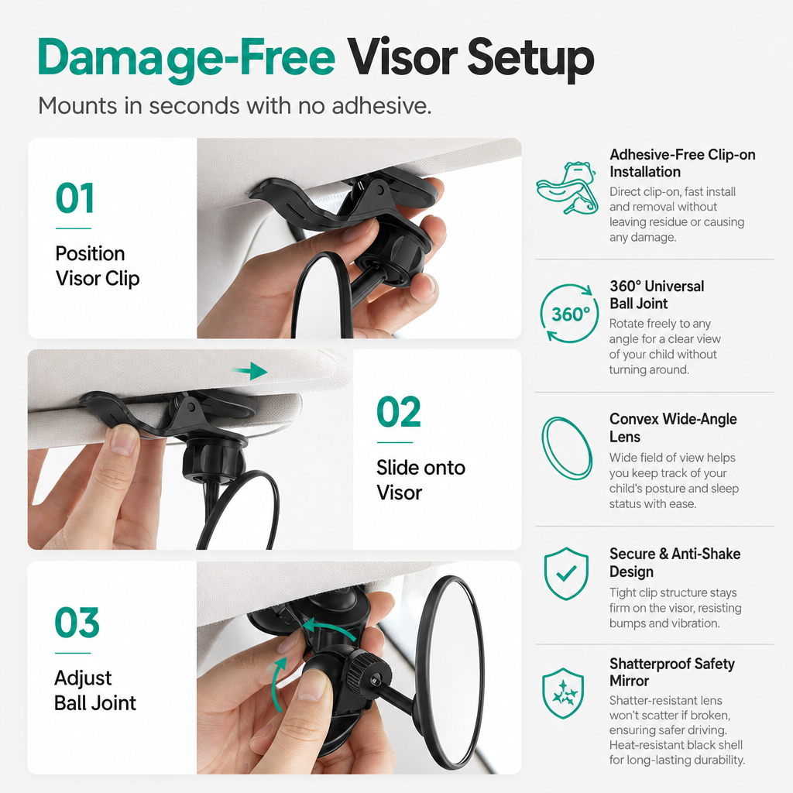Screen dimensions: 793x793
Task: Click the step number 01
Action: point(75,198)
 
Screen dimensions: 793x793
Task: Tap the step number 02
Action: point(399,412)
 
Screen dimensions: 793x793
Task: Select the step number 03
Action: point(77,623)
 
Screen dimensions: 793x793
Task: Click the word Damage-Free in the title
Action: point(186,58)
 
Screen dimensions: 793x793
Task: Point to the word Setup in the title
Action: point(530,58)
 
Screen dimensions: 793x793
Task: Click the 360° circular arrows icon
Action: point(569,314)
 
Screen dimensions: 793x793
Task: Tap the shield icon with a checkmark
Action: point(566,574)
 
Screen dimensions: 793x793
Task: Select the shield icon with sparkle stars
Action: point(564,693)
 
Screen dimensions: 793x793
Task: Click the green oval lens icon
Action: point(567,448)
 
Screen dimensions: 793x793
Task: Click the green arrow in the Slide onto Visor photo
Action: point(250,371)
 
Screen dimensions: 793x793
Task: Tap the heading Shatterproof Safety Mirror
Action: point(671,672)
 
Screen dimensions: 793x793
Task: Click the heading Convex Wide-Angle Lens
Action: point(673,427)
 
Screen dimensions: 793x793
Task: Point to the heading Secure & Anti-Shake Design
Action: point(675,562)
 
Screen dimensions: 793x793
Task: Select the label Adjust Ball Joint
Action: point(95,690)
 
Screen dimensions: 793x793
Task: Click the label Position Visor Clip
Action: point(97,266)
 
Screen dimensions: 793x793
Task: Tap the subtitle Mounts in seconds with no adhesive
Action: point(235,105)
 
